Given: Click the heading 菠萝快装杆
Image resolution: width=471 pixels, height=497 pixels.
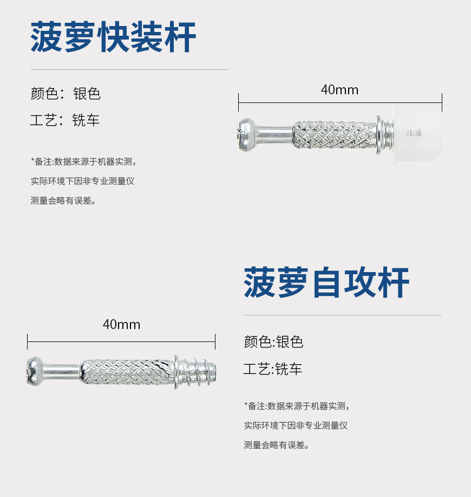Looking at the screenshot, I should [x=113, y=37].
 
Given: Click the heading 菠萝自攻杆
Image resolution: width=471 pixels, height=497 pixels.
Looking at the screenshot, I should [x=326, y=283].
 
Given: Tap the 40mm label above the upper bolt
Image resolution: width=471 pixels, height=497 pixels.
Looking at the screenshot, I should [x=339, y=90].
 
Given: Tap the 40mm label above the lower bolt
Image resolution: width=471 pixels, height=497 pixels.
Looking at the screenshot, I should [x=121, y=325].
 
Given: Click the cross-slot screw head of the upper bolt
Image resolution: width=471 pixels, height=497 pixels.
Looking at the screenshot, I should [x=246, y=133].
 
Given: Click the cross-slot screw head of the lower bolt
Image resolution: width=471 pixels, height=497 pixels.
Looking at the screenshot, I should [x=35, y=371].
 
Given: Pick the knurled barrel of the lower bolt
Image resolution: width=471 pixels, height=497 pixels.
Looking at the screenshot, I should [x=128, y=372].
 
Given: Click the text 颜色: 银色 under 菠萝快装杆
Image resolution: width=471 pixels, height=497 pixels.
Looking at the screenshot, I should [x=66, y=94].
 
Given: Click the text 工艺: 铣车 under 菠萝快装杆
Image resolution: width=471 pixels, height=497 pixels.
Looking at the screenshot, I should [x=65, y=120].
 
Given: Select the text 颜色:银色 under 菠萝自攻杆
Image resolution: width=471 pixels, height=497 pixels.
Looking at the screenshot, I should [x=273, y=342].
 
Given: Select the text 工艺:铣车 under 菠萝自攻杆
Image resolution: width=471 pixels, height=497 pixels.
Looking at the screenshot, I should [x=273, y=370].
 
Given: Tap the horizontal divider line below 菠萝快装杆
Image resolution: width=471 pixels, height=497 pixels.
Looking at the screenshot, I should [x=129, y=69].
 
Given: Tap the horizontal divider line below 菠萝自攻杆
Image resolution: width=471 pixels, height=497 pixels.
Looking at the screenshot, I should [x=342, y=315].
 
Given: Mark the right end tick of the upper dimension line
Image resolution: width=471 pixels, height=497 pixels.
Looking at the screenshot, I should [x=442, y=102].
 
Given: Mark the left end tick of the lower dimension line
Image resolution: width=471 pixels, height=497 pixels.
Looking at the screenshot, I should [x=28, y=341].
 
